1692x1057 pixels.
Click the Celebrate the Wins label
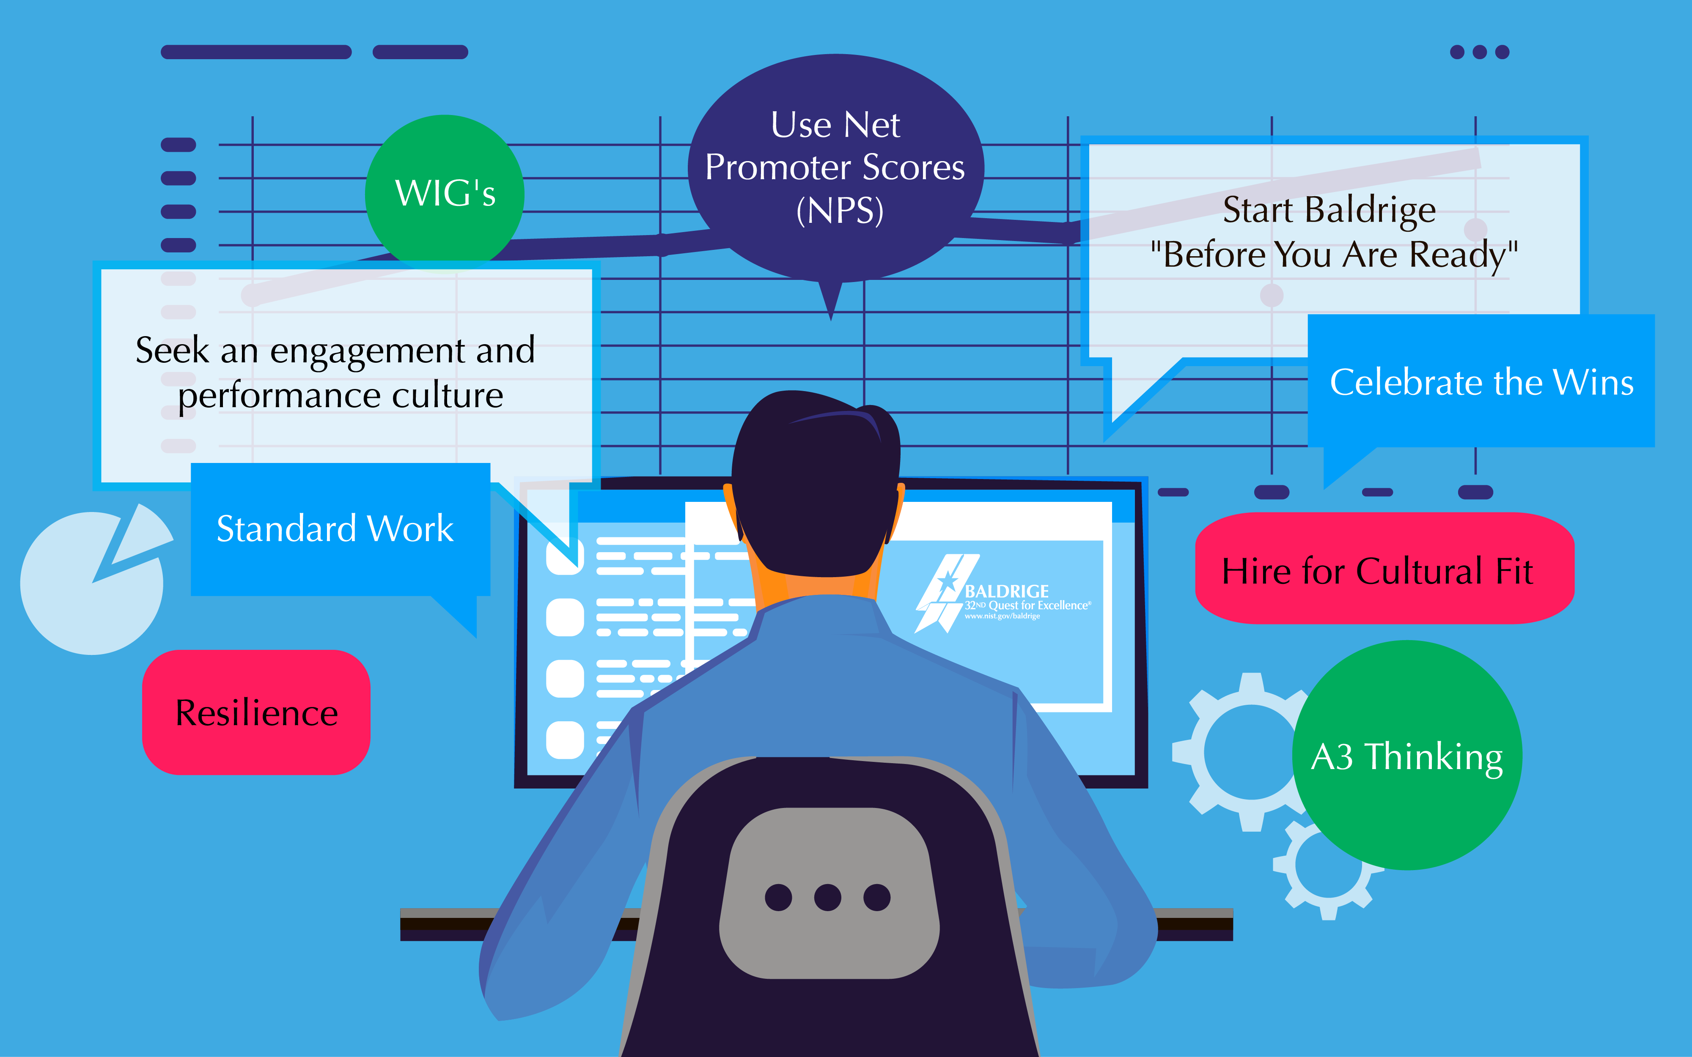pyautogui.click(x=1481, y=382)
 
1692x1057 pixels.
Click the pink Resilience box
pyautogui.click(x=256, y=712)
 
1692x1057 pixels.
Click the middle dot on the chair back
pyautogui.click(x=828, y=897)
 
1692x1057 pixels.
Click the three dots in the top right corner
pyautogui.click(x=1480, y=52)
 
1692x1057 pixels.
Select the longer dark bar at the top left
pyautogui.click(x=256, y=52)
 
